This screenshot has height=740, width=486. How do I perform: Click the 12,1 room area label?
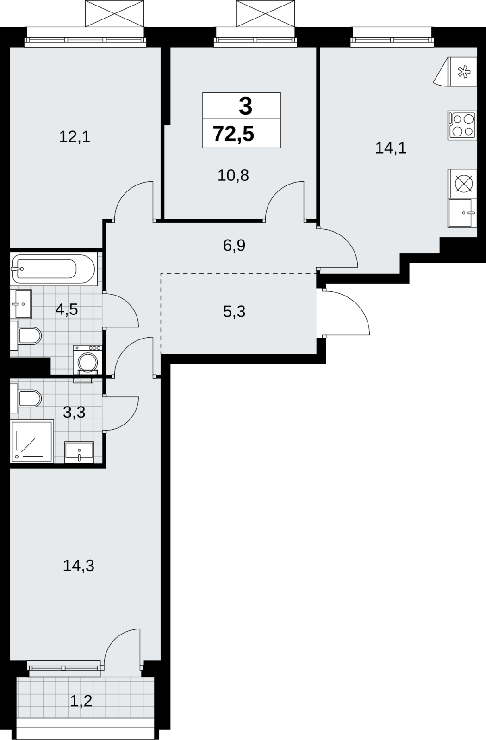(75, 137)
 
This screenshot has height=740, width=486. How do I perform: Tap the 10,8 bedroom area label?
(233, 175)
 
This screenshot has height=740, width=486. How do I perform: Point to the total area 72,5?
(234, 134)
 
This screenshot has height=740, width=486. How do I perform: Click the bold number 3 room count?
(246, 107)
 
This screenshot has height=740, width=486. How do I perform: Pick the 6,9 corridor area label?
(234, 246)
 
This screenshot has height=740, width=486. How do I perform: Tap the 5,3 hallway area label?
(234, 312)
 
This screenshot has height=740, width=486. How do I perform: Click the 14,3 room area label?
(79, 566)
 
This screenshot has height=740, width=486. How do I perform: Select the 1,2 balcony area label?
(81, 701)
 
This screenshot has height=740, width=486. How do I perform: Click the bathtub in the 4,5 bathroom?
(54, 269)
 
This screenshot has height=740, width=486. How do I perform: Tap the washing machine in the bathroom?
(87, 362)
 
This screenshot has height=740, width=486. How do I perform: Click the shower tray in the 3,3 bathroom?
(32, 442)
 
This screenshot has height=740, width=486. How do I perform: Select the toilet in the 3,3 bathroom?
(26, 399)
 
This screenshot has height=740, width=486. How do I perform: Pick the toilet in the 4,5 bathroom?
(26, 336)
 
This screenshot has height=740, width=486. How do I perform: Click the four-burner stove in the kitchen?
(462, 125)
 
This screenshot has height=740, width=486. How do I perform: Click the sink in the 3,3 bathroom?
(79, 452)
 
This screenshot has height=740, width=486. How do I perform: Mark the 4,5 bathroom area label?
(67, 309)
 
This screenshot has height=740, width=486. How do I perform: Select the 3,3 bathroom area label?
(74, 412)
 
